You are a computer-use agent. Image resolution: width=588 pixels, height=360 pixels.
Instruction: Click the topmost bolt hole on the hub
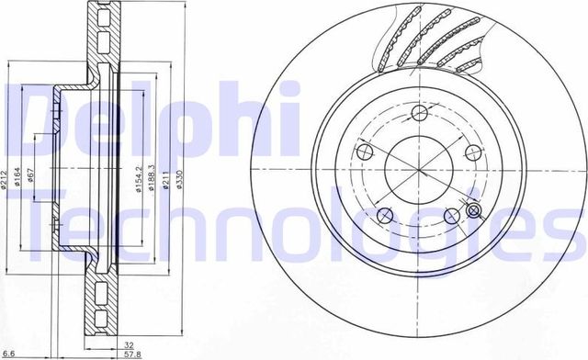(x=420, y=113)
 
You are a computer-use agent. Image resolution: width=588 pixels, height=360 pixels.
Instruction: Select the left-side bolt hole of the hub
(x=363, y=152)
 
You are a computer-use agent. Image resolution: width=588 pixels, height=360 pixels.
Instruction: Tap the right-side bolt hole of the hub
(x=474, y=152)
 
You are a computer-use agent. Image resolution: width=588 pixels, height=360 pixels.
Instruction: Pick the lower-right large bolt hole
(x=451, y=216)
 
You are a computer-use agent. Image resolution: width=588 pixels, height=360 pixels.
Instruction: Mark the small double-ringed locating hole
(x=474, y=212)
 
